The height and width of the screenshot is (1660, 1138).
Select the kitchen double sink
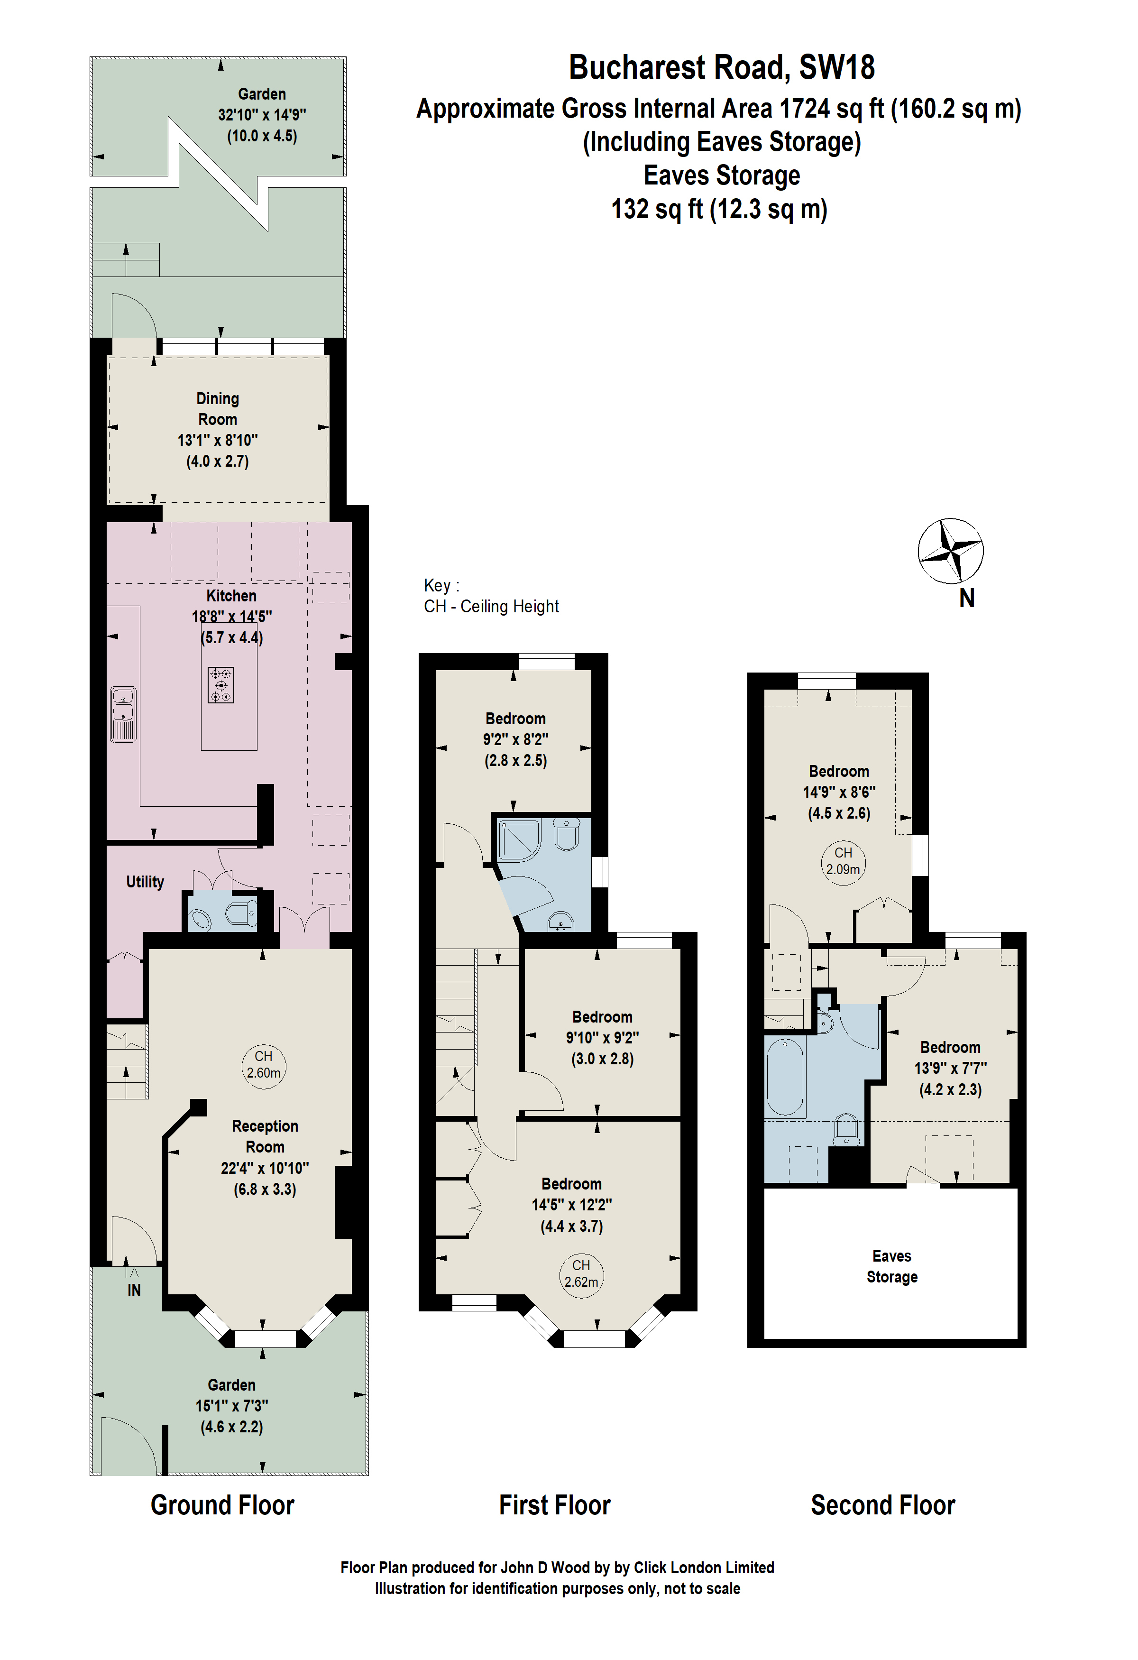(123, 714)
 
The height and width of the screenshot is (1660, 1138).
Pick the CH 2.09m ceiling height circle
(843, 864)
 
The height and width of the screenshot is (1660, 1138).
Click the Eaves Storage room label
(892, 1266)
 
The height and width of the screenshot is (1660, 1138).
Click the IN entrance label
(134, 1290)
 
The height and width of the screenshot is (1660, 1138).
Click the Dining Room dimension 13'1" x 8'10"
(218, 440)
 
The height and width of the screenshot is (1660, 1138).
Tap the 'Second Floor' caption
(882, 1505)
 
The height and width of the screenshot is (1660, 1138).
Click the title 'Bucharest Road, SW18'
(722, 67)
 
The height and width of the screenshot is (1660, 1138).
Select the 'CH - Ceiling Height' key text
(491, 607)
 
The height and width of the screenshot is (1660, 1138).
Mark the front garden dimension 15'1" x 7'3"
(232, 1406)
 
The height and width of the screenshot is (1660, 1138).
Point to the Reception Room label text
(265, 1136)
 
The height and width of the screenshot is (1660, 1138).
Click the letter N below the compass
(967, 599)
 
